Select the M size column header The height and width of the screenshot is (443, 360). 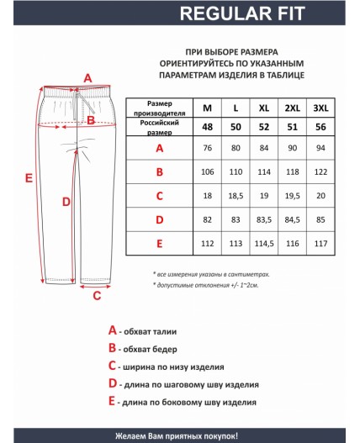click(x=207, y=108)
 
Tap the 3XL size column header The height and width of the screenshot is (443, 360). click(x=320, y=108)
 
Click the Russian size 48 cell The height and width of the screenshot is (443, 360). click(x=207, y=127)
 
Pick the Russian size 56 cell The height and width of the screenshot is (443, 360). click(x=320, y=127)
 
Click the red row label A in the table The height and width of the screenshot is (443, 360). click(x=159, y=149)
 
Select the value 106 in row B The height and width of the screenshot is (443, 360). click(x=207, y=172)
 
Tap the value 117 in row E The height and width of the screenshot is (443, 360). click(x=320, y=243)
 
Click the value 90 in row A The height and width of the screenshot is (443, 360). click(x=292, y=149)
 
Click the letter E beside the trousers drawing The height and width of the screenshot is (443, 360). click(x=29, y=178)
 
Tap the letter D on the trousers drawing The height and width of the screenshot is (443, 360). click(x=66, y=201)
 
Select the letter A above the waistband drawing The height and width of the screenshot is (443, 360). click(x=87, y=78)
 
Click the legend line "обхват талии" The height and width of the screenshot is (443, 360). click(x=156, y=331)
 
